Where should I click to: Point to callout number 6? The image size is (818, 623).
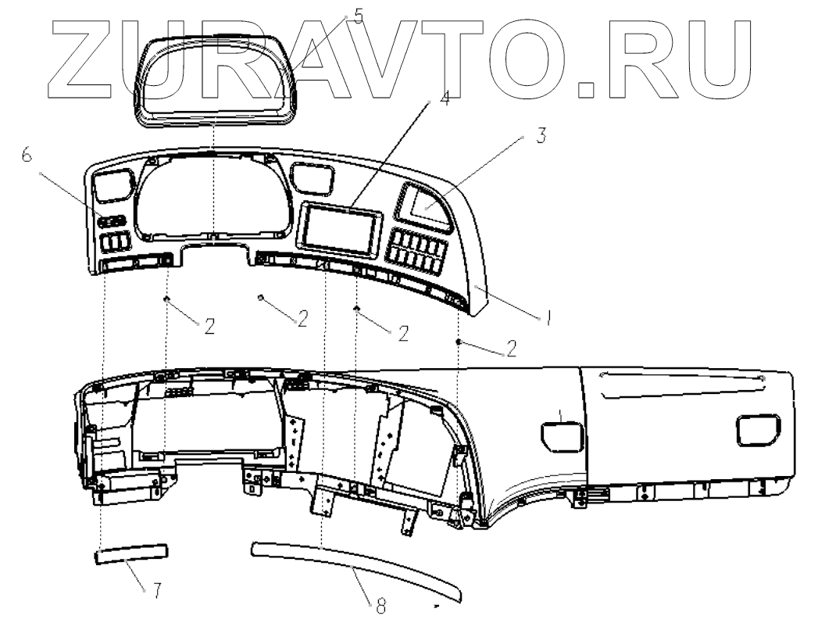[27, 157]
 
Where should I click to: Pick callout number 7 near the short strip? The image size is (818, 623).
[156, 591]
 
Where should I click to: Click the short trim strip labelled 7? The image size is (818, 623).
[131, 554]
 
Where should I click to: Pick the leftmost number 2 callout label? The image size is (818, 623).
[209, 328]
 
